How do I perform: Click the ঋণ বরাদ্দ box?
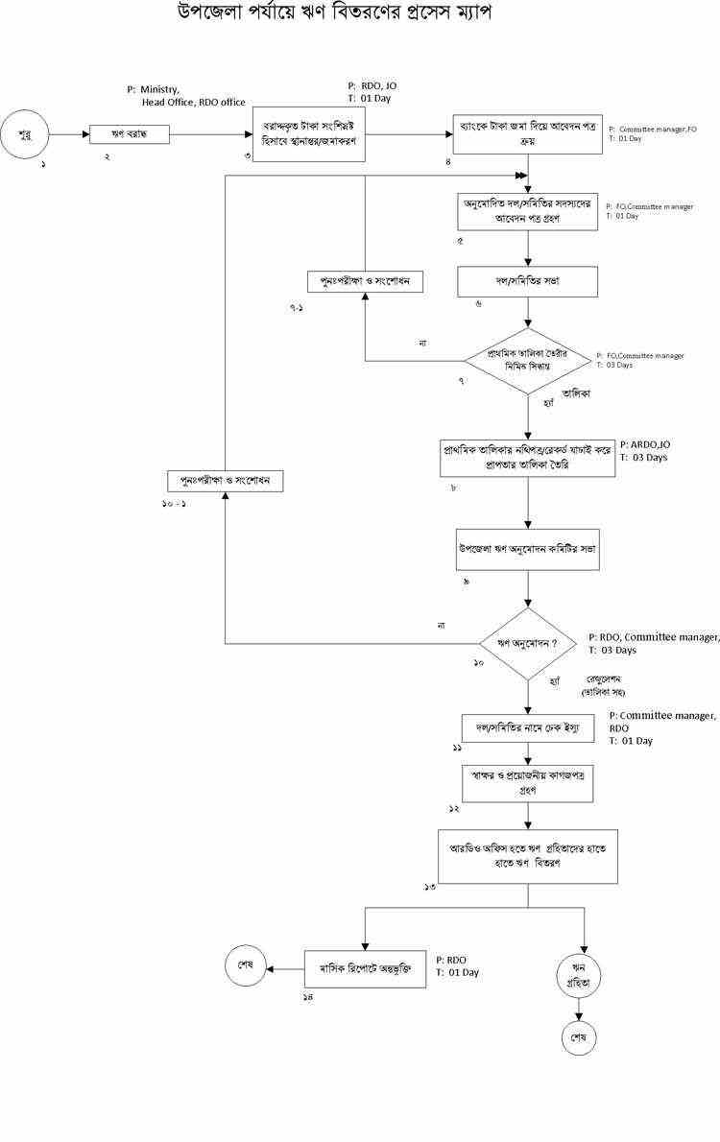coord(130,135)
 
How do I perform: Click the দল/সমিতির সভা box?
coord(528,282)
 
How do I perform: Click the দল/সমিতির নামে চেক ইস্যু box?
coord(528,729)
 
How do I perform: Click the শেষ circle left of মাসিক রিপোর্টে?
coord(246,966)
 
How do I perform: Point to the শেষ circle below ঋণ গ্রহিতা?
coord(579,1038)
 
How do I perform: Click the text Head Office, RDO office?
coord(193,103)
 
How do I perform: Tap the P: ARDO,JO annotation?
coord(646,444)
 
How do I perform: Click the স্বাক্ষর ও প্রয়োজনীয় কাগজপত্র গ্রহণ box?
coord(528,783)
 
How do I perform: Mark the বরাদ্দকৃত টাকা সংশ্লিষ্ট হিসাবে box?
coord(309,134)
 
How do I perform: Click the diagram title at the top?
coord(340,15)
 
